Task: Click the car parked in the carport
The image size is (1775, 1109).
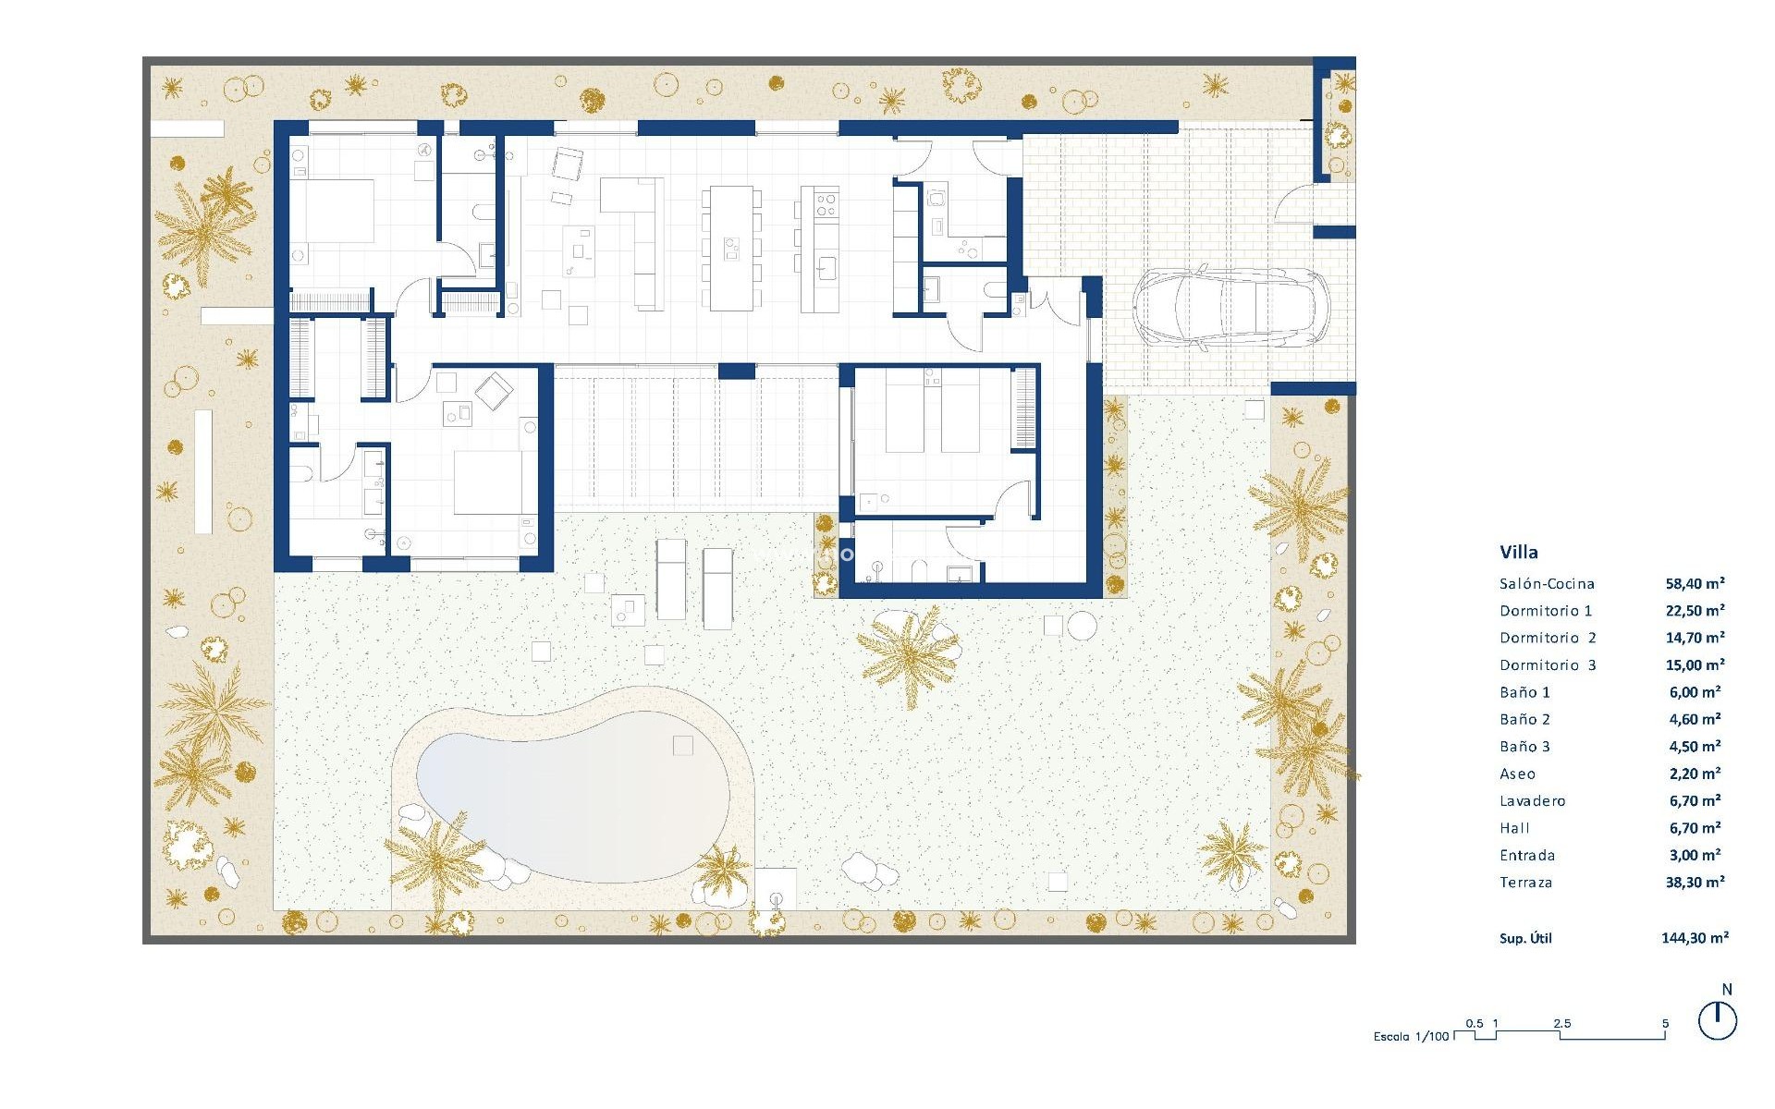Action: (1230, 309)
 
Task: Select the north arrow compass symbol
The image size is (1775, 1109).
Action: (1718, 1021)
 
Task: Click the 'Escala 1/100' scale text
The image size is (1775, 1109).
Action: (1411, 1036)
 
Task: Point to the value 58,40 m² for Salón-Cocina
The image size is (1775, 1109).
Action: (1695, 583)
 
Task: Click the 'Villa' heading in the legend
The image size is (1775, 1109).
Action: (1519, 552)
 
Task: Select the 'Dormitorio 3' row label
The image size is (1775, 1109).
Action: (1548, 664)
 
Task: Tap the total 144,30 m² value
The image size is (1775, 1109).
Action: (1695, 937)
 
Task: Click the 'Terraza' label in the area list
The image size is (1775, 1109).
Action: (1525, 883)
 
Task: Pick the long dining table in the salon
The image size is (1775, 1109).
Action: (730, 248)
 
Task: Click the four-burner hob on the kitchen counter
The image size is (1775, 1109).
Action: (826, 203)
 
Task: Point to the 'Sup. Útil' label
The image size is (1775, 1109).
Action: (1525, 938)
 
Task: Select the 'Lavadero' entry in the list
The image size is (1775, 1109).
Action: (1532, 801)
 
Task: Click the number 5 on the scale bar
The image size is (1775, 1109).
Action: (1665, 1023)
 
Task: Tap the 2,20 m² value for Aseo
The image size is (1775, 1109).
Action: (1695, 774)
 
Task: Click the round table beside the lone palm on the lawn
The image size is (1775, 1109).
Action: (1081, 626)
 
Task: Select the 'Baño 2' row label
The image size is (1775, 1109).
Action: (1524, 719)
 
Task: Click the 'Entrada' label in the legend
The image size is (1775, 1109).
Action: (1527, 856)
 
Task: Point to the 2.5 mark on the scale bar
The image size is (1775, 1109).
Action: (1561, 1023)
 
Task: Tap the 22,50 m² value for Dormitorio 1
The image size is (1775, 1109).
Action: (1695, 610)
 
